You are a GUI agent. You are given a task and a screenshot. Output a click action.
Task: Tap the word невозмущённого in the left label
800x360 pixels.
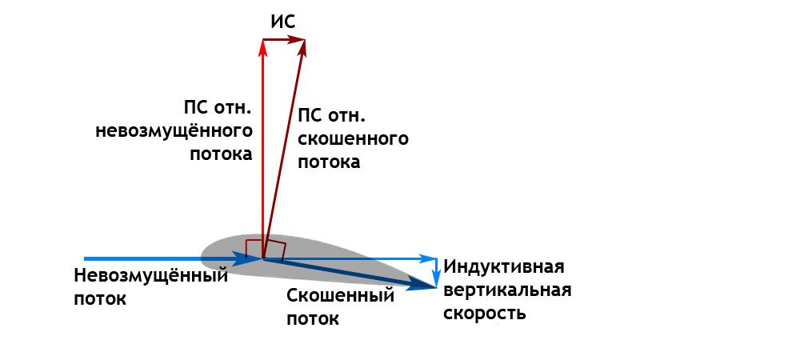[x=174, y=130]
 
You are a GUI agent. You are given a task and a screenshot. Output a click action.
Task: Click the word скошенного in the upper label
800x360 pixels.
[x=353, y=139]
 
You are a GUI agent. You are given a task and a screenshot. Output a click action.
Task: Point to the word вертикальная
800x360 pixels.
[x=508, y=290]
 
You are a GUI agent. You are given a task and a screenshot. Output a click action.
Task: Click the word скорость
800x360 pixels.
[x=486, y=313]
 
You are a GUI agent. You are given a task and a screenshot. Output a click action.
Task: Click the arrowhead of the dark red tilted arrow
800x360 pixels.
[x=303, y=50]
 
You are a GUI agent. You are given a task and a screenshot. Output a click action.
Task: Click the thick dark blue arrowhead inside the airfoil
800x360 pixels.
[x=242, y=258]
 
